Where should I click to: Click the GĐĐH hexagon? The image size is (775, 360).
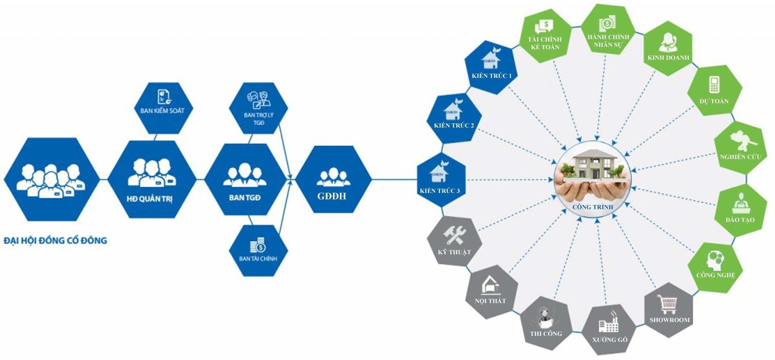tap(333, 180)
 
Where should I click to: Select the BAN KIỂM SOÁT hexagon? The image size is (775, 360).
tap(163, 108)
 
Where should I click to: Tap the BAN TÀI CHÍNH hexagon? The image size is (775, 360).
tap(258, 251)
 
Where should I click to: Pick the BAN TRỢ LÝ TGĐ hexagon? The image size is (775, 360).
tap(258, 108)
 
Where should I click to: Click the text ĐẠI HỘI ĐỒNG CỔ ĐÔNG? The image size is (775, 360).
tap(55, 241)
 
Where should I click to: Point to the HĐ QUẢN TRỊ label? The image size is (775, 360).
tap(149, 199)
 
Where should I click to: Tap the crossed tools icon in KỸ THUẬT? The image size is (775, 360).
tap(454, 235)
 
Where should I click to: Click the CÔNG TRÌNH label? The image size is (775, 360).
tap(593, 207)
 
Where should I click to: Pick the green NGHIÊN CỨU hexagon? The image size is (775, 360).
tap(740, 149)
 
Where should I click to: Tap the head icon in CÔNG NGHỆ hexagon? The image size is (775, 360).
tap(715, 260)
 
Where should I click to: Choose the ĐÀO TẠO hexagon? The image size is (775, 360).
tap(740, 210)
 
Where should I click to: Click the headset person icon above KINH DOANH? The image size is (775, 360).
tap(668, 42)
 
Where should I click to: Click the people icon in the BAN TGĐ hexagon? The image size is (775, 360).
tap(245, 176)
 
